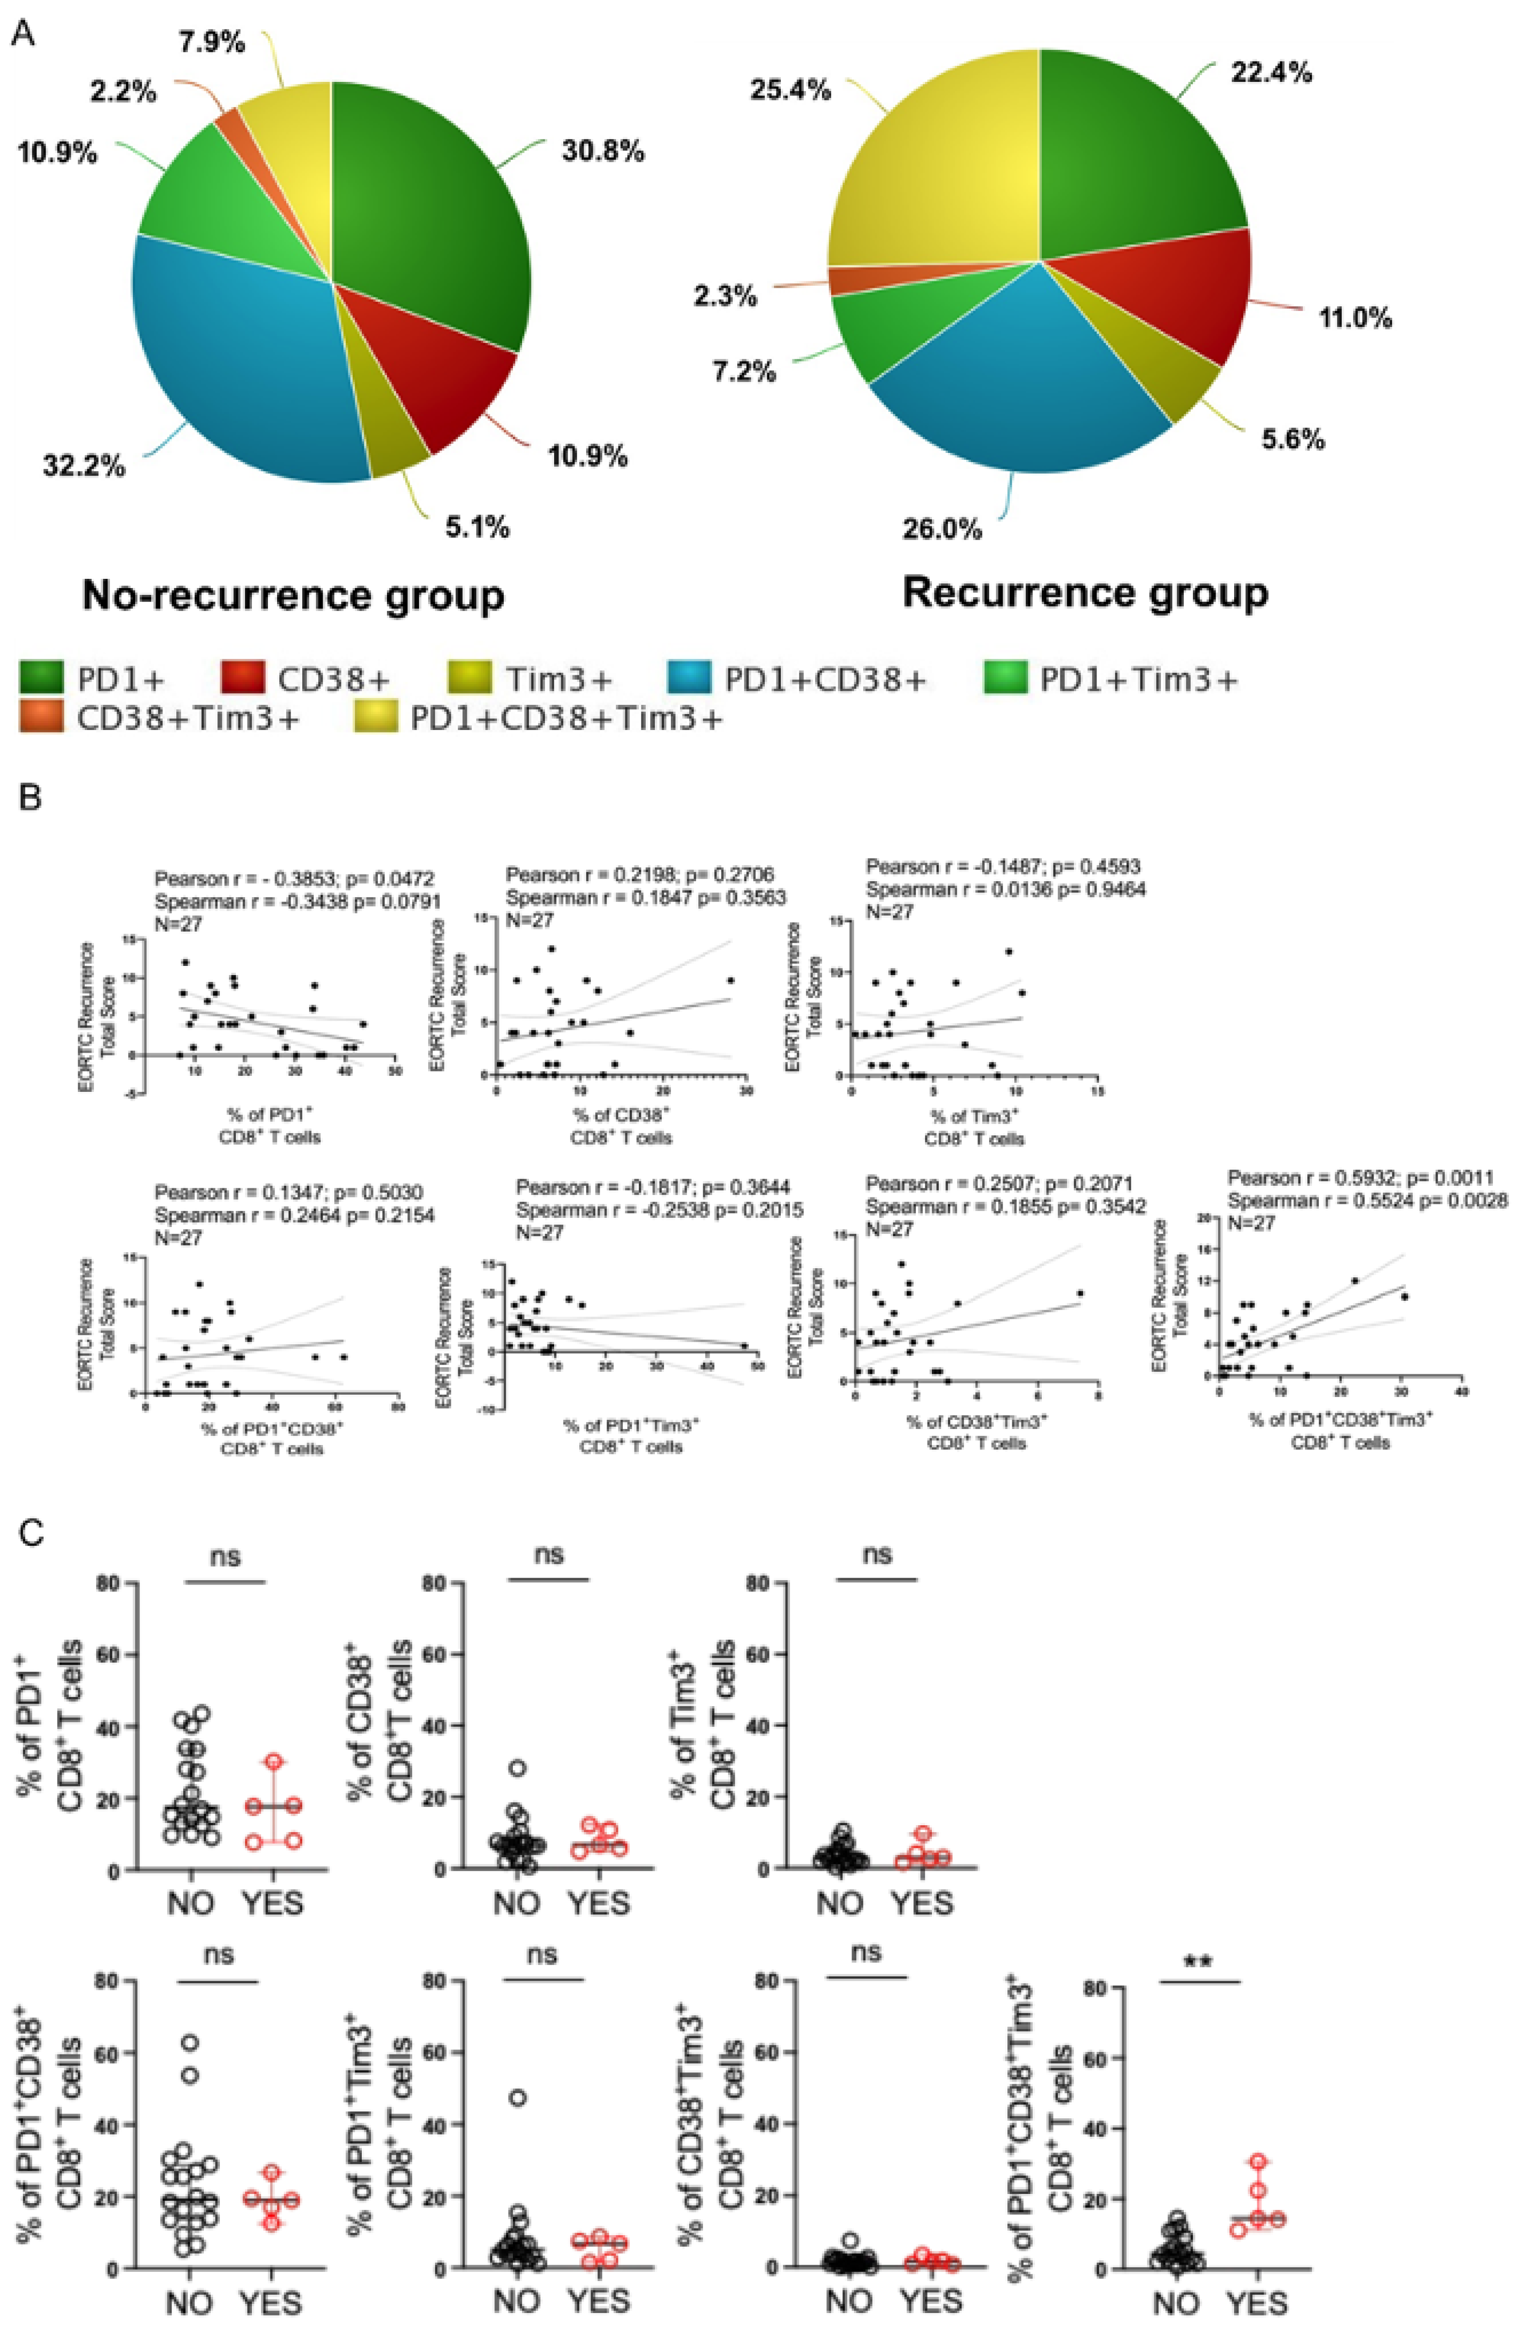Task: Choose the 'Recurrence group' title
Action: tap(1085, 591)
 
